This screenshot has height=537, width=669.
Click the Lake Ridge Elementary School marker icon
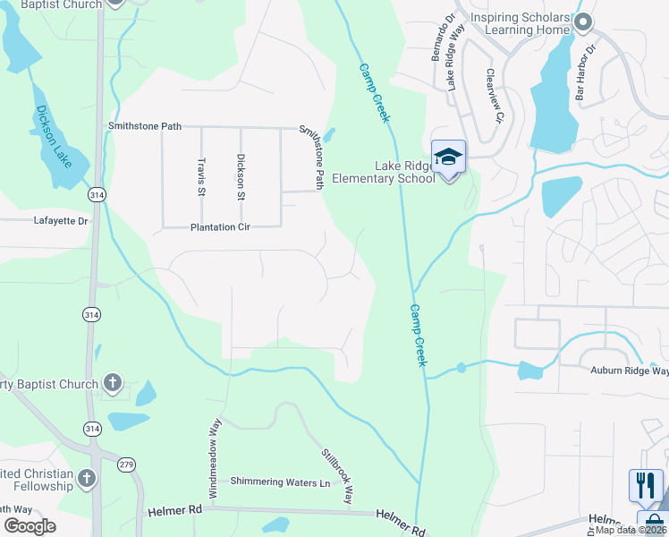click(448, 158)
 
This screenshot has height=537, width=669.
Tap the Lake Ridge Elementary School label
click(384, 172)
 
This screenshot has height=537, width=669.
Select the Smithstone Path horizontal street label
click(145, 127)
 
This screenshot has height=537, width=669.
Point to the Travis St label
click(201, 176)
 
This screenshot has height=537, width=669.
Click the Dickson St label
click(240, 176)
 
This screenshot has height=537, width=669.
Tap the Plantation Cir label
click(220, 227)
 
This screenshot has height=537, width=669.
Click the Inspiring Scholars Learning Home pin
click(583, 22)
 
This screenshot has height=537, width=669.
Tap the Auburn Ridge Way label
click(629, 371)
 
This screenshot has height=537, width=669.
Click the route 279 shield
click(127, 463)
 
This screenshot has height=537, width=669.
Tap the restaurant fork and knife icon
click(645, 486)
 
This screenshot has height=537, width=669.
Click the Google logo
click(30, 526)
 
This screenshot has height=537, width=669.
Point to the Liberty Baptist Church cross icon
click(112, 384)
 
